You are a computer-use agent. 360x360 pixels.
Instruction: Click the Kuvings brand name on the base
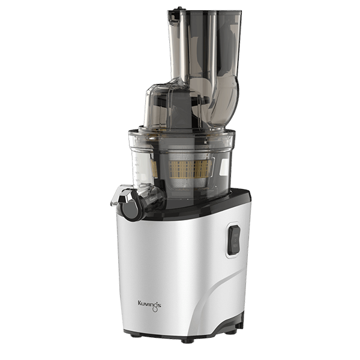click(x=149, y=304)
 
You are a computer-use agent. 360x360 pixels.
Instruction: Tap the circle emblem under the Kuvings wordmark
click(x=155, y=310)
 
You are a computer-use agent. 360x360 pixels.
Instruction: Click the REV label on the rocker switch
click(x=235, y=245)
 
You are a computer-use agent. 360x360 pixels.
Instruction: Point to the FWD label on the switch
click(x=236, y=236)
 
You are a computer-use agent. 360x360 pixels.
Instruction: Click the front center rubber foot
click(x=188, y=341)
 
